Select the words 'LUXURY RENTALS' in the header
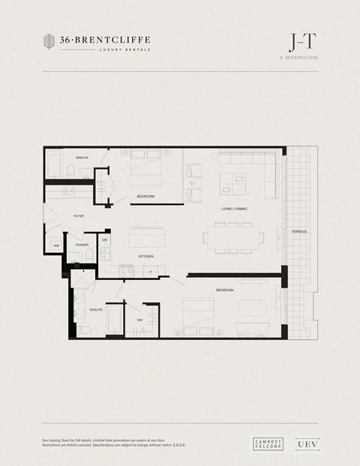coord(124,50)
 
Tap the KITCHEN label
coord(145,257)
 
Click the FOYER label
coord(79,215)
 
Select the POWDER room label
coord(82,244)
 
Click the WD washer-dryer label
coord(56,245)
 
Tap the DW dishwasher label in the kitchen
coord(105,240)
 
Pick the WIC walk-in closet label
coord(139,320)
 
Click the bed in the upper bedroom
coord(145,171)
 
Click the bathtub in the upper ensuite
coord(54,164)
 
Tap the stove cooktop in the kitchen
coord(106,260)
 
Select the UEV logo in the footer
coord(303,443)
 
